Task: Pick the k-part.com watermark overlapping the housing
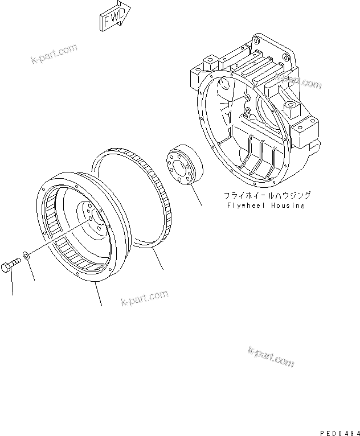click(298, 80)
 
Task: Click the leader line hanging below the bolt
click(12, 284)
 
